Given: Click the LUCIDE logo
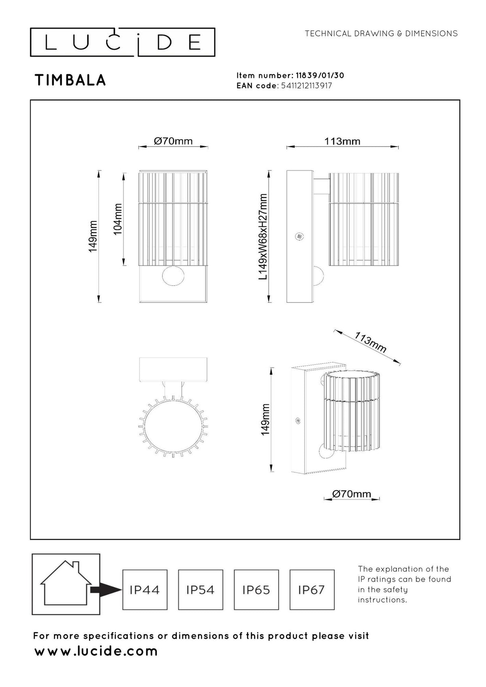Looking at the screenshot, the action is point(122,43).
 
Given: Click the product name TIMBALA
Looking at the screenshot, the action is point(70,80).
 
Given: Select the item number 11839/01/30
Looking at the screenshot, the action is point(320,75).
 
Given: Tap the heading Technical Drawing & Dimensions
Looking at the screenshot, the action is point(381,34).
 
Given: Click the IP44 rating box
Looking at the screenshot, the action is point(145,590).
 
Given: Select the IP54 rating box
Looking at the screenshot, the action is point(200,590).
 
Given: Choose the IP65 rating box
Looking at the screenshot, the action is point(256,590).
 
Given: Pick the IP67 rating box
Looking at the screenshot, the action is point(312,590).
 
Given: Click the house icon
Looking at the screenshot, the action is point(66,583).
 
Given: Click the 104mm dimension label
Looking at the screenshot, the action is point(118,219).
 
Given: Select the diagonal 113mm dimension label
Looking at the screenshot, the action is point(370,342).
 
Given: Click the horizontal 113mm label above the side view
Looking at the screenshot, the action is point(342,141).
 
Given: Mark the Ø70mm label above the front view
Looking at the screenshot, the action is point(173,141).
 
